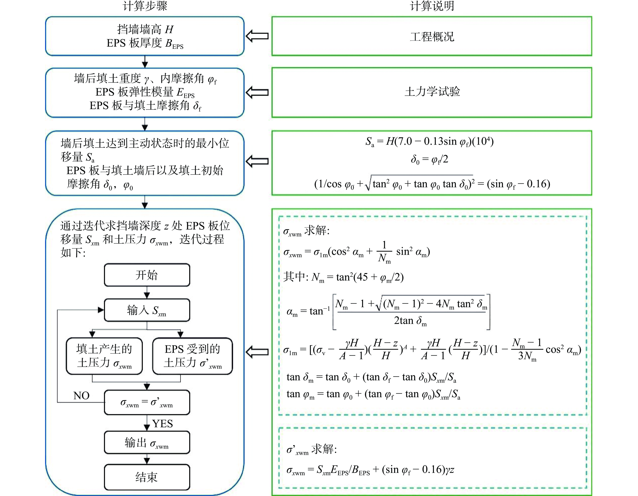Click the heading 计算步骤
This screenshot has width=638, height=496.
(145, 6)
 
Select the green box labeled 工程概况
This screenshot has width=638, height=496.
(432, 36)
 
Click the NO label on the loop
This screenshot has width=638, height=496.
(81, 396)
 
